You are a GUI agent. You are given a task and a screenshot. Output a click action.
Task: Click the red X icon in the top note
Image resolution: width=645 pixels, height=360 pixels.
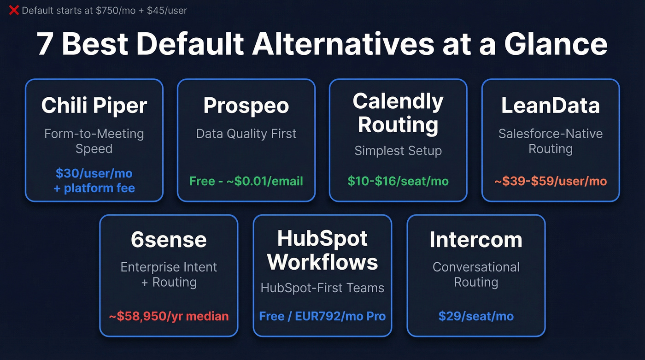coord(14,10)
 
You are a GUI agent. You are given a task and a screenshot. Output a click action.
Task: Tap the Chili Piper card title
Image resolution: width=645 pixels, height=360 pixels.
coord(94,106)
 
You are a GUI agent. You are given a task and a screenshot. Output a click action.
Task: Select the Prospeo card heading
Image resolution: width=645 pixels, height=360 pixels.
coord(246,106)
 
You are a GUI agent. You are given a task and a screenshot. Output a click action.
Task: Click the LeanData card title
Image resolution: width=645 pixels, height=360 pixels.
coord(551,106)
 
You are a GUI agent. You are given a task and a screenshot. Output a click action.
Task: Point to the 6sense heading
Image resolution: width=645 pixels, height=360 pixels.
coord(169,240)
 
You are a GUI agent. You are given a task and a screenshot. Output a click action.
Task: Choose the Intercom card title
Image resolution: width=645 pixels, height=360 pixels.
coord(476,240)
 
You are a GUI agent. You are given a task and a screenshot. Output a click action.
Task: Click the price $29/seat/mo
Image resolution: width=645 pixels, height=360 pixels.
coord(476,316)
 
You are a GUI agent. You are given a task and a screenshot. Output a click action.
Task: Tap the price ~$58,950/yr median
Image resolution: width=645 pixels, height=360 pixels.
coord(169,316)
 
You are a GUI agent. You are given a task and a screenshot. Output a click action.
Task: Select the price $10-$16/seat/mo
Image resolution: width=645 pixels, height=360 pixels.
coord(398,181)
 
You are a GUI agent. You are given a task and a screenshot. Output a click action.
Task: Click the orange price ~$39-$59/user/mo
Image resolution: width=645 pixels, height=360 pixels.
coord(551,181)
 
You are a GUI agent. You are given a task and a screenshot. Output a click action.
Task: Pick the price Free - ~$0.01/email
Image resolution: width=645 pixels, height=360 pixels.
coord(246,181)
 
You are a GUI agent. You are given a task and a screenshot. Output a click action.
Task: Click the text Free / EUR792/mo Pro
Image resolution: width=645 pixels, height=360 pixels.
coord(322,316)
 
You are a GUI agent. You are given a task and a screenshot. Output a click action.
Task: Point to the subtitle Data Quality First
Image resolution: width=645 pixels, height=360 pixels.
coord(246,134)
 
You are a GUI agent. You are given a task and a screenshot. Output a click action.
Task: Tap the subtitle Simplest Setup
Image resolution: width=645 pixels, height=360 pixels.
coord(398,151)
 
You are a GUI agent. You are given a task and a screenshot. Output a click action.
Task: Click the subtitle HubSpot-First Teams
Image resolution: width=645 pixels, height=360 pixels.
coord(322,288)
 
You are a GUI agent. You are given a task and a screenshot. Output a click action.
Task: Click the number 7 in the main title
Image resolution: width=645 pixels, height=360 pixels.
coord(45,44)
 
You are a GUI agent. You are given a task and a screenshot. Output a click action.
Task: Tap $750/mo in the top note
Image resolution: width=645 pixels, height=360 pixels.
coord(116,10)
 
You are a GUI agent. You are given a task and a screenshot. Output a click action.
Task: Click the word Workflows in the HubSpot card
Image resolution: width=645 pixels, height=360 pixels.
coord(322,262)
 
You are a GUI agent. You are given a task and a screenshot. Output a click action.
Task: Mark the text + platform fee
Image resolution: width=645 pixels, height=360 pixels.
coord(94,188)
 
